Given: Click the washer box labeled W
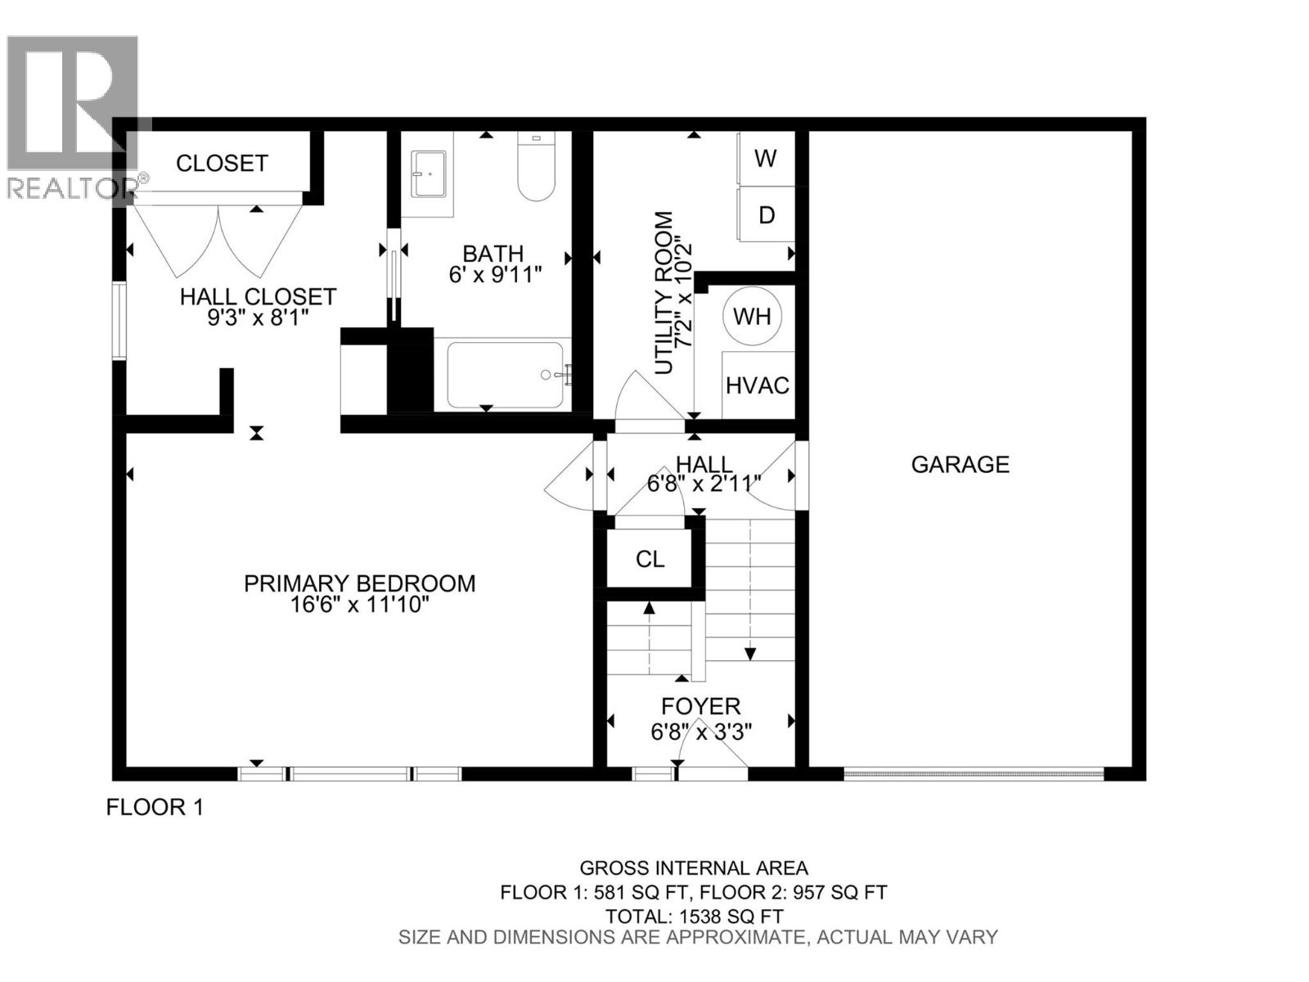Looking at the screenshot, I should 766,158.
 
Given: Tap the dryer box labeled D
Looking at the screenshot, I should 766,214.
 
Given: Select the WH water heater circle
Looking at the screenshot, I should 752,316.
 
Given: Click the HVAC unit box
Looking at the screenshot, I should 758,385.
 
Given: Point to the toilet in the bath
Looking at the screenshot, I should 536,169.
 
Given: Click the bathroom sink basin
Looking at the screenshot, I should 429,173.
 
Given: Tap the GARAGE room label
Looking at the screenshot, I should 960,465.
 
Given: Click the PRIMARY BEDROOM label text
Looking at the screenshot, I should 359,583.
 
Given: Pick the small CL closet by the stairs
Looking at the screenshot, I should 650,559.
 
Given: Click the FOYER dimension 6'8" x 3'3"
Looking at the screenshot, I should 701,731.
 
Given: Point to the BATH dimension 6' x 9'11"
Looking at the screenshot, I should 496,275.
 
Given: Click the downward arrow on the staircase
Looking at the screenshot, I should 749,652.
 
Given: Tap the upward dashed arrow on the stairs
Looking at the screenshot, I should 650,609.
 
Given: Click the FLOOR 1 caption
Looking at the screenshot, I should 155,807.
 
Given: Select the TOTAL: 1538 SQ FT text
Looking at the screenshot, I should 694,917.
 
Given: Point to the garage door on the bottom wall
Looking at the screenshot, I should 974,773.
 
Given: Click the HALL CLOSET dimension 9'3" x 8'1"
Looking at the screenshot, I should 258,317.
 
